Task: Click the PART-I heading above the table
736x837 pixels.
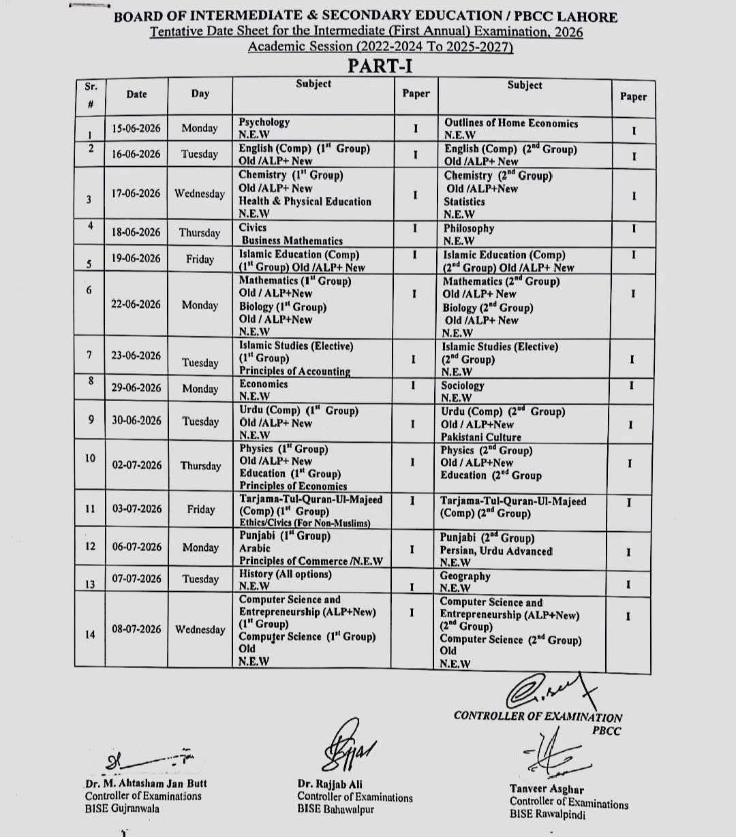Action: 380,66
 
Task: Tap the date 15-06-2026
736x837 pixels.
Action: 136,128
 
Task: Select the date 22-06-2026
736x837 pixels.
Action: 136,304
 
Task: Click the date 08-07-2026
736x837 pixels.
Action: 136,629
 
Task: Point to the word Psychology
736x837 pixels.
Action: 264,123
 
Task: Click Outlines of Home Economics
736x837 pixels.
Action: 510,123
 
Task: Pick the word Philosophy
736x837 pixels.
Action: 469,229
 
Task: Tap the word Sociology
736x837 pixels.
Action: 463,385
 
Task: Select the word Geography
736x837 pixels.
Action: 465,576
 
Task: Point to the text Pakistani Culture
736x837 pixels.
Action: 480,437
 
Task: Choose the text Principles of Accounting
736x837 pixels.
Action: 294,371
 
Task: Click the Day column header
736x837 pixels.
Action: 200,94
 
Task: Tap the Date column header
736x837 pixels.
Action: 136,95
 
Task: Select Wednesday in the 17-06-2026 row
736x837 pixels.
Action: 199,194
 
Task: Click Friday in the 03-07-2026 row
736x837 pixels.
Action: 200,509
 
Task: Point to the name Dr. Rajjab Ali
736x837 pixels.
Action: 330,785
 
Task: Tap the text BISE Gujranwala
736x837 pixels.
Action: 122,808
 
